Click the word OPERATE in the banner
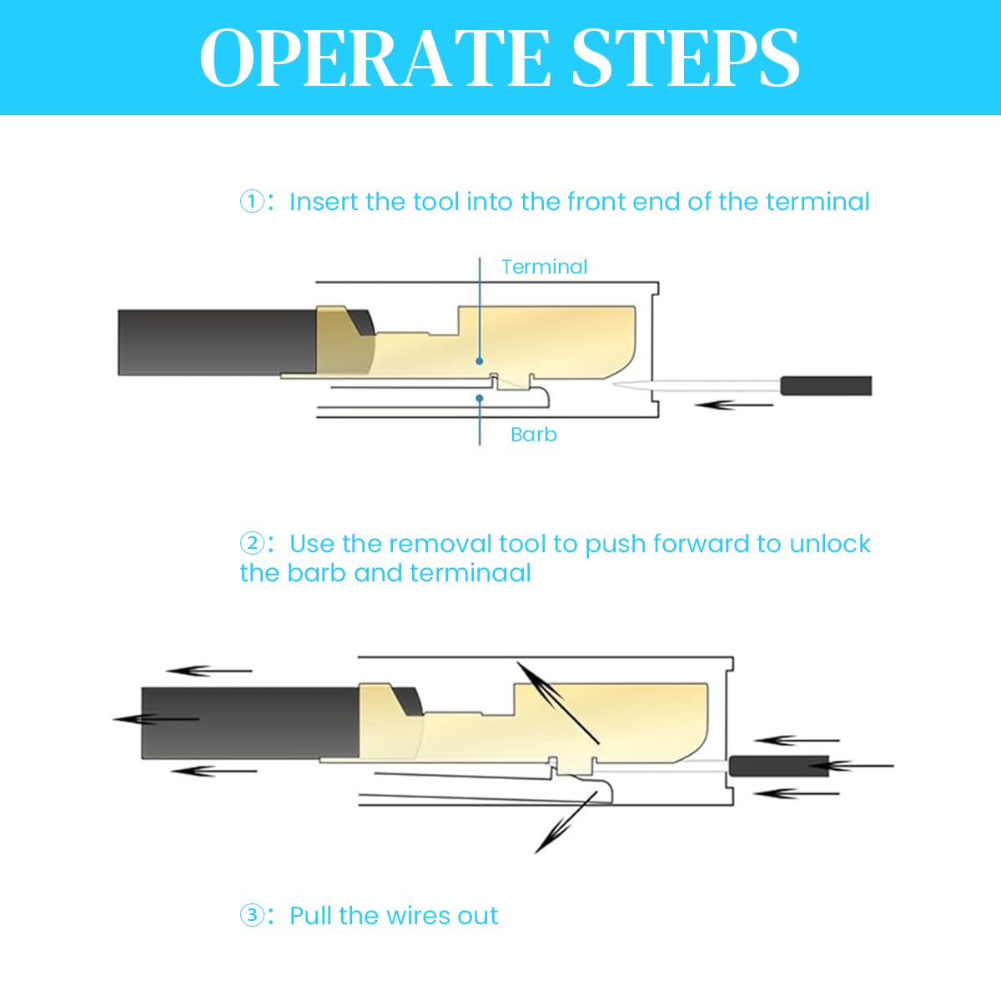[x=375, y=58]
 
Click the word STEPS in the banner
[x=686, y=58]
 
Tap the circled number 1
[x=252, y=202]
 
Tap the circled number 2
[x=252, y=543]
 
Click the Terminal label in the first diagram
[x=545, y=267]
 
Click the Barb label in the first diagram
[x=534, y=435]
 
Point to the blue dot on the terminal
[x=480, y=361]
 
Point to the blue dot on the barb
[x=480, y=398]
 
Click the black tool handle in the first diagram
[x=827, y=386]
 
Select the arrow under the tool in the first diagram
[x=733, y=405]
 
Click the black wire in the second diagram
[x=250, y=722]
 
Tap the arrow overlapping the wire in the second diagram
[x=156, y=719]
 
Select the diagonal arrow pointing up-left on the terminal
[x=558, y=703]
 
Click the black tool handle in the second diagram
[x=778, y=767]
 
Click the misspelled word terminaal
[x=470, y=573]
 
